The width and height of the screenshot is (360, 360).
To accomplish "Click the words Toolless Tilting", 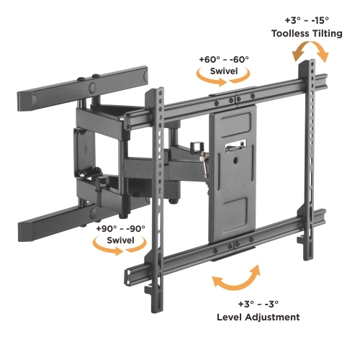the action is pos(307,33).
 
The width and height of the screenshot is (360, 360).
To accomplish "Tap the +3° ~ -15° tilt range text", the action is pos(307,20).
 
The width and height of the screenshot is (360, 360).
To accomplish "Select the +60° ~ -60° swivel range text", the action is pos(224,59).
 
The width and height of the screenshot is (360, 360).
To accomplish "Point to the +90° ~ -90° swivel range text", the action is pos(120,228).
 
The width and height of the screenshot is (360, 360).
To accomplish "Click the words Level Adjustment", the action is pos(258,317).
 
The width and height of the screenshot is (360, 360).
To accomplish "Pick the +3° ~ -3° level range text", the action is pos(258,304).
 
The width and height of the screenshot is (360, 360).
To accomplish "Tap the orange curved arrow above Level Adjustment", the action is pos(236,279).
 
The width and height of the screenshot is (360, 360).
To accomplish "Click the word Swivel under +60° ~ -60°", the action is pos(224,71).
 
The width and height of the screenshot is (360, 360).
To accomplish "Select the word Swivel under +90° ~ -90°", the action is pos(120,240).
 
